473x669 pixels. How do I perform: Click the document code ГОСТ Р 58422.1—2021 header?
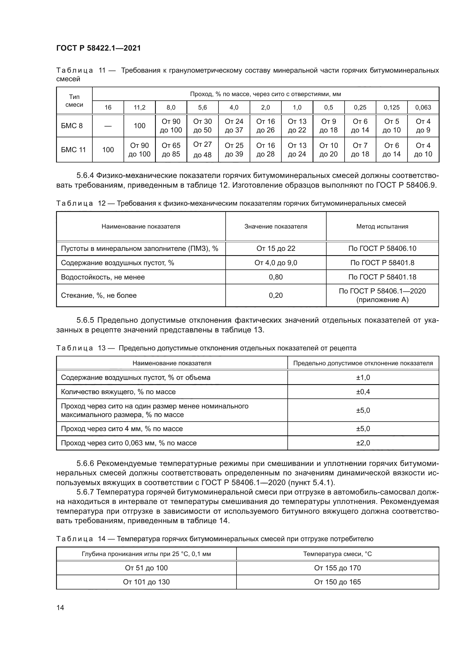coord(98,48)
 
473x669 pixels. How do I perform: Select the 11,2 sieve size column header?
coord(140,108)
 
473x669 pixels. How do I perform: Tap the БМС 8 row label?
coord(72,126)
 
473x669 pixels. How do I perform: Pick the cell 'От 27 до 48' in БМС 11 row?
coord(202,150)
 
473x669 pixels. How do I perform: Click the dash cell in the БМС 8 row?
coord(108,126)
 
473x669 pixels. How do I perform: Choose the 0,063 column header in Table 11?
coord(423,108)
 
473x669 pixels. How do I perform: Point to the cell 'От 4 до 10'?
coord(423,150)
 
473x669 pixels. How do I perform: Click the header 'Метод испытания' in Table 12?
coord(382,227)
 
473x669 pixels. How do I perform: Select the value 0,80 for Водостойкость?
coord(275,277)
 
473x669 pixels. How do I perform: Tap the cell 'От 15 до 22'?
coord(275,249)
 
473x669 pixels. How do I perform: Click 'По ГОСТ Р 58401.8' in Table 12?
coord(382,263)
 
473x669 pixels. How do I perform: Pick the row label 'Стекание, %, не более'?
coord(99,295)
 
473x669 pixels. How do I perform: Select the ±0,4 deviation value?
coord(363,392)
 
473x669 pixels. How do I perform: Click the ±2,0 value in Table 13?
coord(363,443)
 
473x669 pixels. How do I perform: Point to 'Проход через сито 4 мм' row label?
coord(122,429)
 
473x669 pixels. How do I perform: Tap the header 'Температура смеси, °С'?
coord(337,554)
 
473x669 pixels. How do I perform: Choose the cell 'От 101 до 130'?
coord(146,582)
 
